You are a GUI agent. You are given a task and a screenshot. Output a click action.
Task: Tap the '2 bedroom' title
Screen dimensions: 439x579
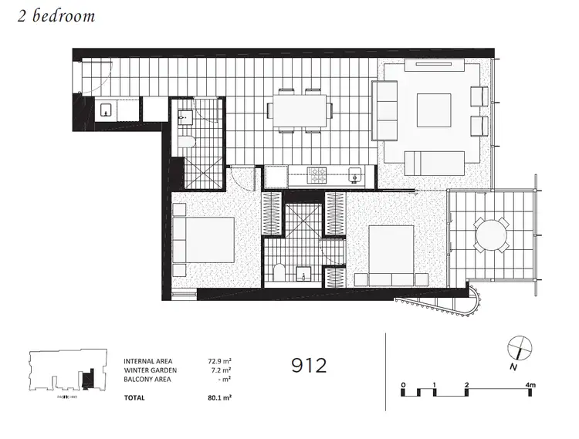(56, 16)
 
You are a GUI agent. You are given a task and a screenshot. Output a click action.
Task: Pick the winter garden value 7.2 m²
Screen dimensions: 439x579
(220, 370)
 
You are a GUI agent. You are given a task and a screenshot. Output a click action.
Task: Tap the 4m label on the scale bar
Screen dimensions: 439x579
(531, 383)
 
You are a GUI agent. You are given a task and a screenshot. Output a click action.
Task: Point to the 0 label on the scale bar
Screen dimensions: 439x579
(403, 383)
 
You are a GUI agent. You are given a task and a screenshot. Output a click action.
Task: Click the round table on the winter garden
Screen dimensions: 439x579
(492, 235)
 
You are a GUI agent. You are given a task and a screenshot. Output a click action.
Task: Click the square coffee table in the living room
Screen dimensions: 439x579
(434, 110)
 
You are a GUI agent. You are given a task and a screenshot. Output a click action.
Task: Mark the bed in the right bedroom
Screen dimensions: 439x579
(391, 252)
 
